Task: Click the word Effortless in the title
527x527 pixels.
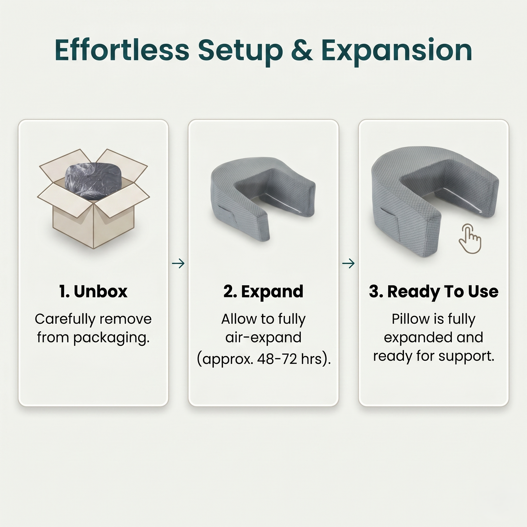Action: click(x=122, y=50)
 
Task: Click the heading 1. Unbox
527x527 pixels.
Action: click(x=93, y=291)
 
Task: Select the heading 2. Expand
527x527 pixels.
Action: click(x=263, y=292)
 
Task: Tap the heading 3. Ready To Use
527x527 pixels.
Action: click(x=434, y=292)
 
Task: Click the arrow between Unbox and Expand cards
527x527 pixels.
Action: click(x=178, y=263)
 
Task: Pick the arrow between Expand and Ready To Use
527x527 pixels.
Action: click(x=348, y=263)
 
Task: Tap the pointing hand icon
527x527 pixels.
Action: click(x=470, y=239)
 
